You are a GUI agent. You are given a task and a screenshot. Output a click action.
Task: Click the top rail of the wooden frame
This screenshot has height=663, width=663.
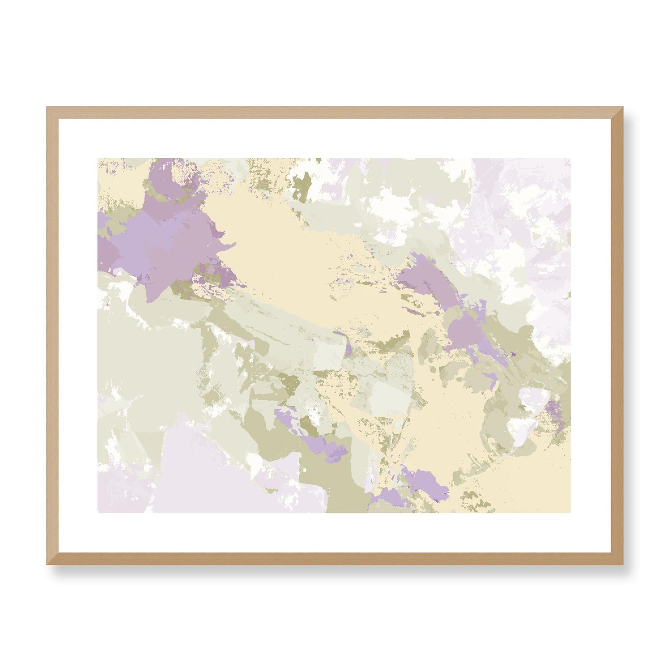(335, 113)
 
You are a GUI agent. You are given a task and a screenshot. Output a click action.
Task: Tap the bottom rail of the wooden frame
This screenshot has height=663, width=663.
(335, 558)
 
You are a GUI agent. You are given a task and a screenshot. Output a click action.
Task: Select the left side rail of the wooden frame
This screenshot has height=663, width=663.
(53, 335)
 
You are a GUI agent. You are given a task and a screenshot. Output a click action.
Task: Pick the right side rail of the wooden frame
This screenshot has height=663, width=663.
(617, 335)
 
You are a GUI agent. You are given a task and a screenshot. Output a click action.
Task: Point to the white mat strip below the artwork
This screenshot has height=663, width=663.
(335, 532)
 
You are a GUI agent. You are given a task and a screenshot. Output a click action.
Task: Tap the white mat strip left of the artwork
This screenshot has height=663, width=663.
(78, 335)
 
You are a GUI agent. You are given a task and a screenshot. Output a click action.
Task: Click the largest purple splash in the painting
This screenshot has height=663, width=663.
(161, 234)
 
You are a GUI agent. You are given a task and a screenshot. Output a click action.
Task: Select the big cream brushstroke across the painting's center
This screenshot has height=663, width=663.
(294, 257)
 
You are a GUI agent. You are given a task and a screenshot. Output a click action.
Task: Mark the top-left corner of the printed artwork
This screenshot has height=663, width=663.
(98, 159)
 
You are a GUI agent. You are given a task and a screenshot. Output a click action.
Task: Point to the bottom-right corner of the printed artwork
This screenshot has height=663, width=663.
(570, 512)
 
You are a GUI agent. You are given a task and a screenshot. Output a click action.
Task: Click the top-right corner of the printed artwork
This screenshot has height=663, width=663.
(570, 159)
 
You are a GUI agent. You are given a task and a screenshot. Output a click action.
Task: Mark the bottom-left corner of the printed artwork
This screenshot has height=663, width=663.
(98, 512)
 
